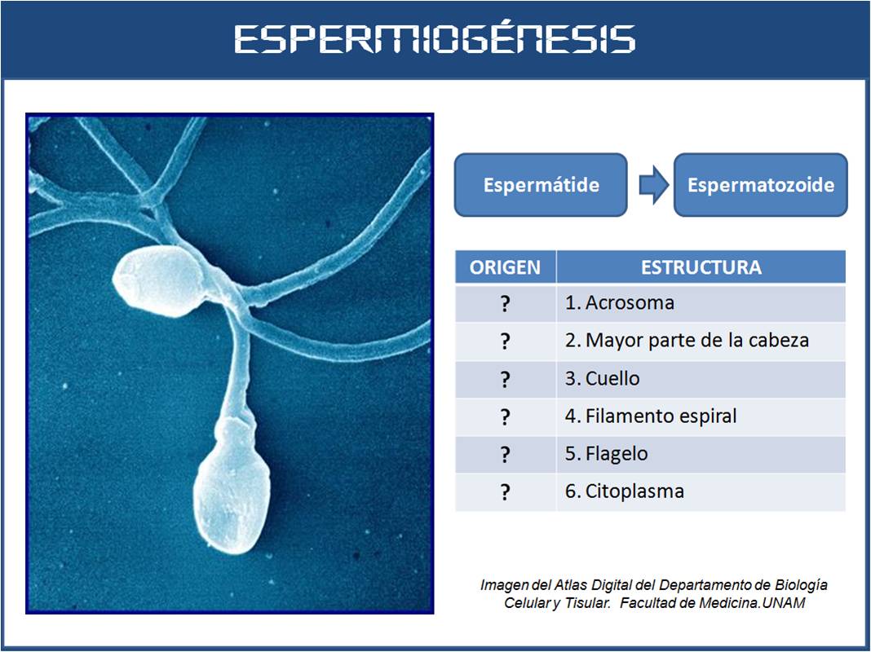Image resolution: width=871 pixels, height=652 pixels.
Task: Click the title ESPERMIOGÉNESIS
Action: point(435,39)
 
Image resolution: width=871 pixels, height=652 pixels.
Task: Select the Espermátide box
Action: point(541,185)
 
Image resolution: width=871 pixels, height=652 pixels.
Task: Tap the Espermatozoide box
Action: point(760,185)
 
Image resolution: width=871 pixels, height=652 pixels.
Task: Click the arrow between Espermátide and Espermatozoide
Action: point(654,185)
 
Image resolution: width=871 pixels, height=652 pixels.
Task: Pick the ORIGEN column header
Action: point(505,267)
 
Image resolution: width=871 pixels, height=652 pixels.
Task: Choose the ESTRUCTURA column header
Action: point(701,267)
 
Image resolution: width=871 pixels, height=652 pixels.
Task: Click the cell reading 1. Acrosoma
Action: point(701,303)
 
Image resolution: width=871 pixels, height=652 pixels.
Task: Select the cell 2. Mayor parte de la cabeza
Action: point(701,340)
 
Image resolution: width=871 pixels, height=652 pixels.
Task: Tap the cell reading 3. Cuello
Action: point(701,378)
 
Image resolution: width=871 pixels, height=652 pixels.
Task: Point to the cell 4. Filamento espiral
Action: point(701,416)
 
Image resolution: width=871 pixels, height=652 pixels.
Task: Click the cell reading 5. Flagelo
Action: point(701,454)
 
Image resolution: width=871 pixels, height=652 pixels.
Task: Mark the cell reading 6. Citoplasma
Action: point(701,491)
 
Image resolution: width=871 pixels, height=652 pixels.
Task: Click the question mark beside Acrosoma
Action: point(505,303)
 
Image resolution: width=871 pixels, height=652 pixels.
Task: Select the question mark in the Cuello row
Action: point(505,380)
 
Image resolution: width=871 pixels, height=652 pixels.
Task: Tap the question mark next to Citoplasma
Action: point(505,492)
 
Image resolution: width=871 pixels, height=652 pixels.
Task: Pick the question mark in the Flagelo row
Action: point(505,455)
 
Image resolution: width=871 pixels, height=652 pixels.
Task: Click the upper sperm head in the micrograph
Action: point(159,281)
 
